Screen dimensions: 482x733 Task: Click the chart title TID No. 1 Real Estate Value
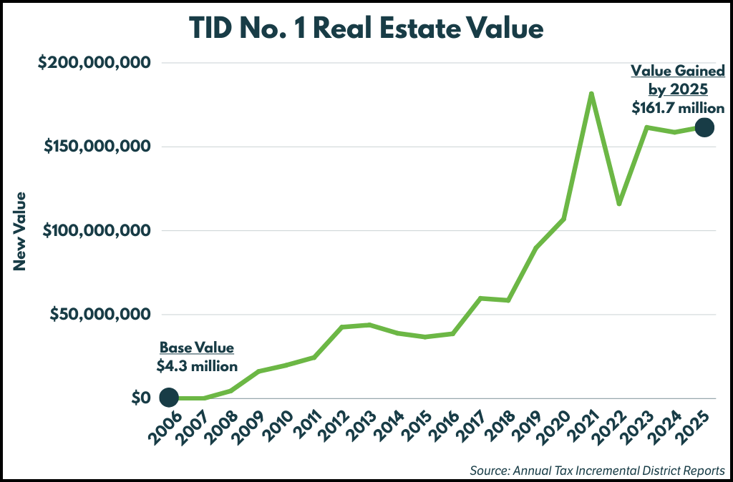[x=366, y=28]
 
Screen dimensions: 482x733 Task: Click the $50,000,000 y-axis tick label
[x=99, y=314]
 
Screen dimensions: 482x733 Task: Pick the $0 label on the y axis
[x=140, y=398]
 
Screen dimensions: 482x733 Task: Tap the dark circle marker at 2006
[x=169, y=397]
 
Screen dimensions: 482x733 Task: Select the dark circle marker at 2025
[x=704, y=127]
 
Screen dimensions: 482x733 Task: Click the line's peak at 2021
[x=591, y=94]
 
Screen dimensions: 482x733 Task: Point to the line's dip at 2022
[x=618, y=204]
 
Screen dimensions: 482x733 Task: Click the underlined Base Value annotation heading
[x=197, y=348]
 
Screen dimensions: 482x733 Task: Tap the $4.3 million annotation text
[x=197, y=366]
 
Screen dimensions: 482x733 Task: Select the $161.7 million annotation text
[x=678, y=109]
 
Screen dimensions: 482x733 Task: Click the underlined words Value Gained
[x=678, y=71]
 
